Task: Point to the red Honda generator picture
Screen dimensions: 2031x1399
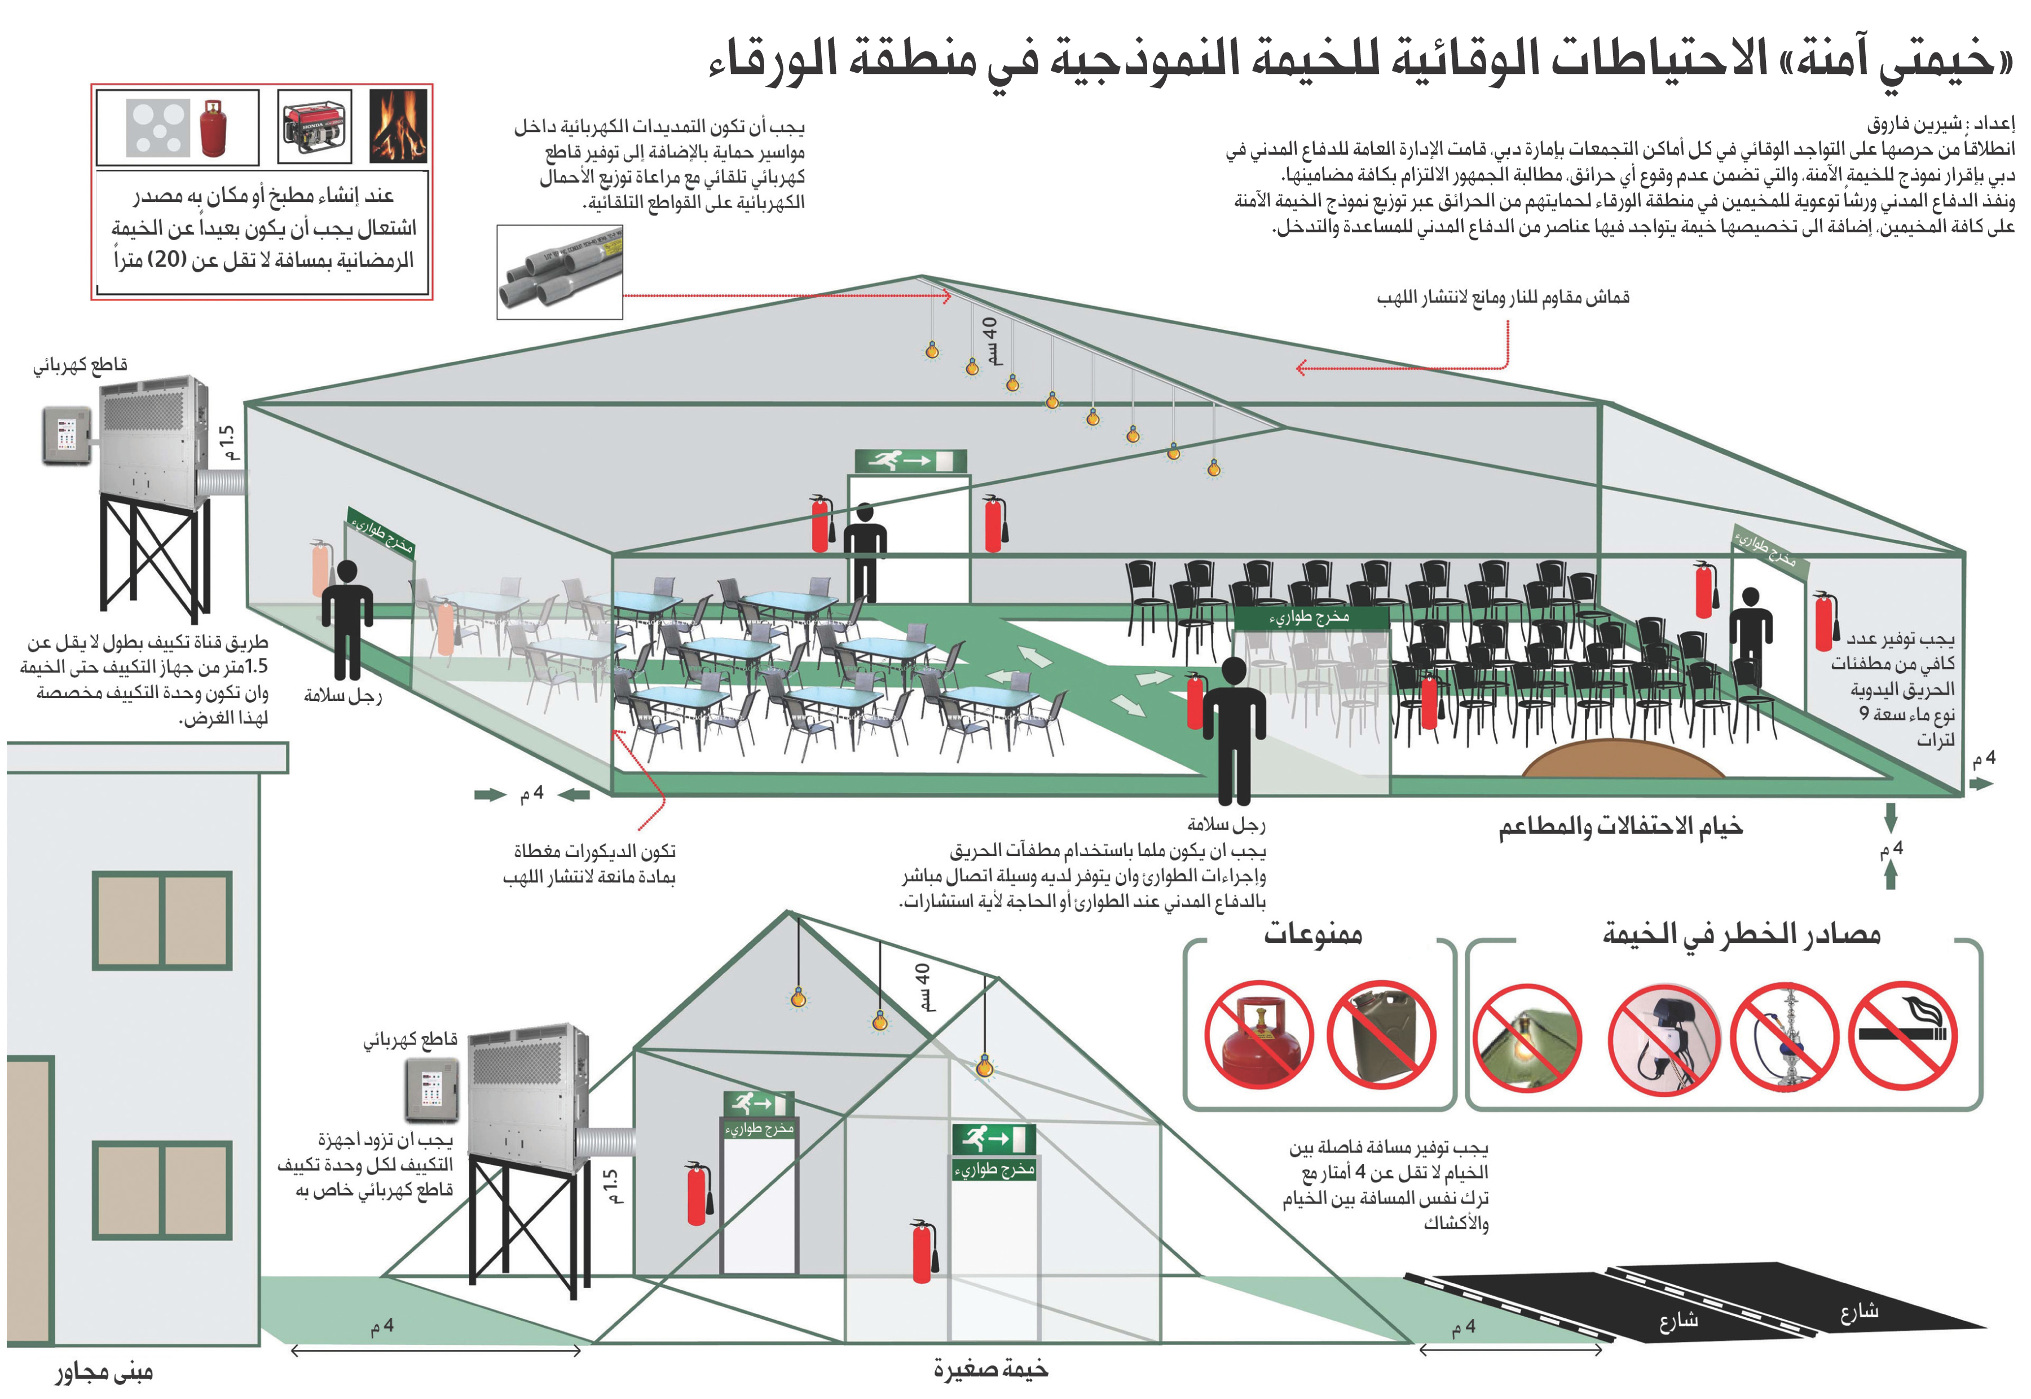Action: point(314,126)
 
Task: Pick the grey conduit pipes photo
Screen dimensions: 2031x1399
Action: point(559,272)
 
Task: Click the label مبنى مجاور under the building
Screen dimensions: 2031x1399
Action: point(104,1372)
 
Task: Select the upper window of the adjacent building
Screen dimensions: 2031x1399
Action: point(162,920)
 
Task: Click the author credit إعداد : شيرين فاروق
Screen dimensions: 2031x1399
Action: point(1940,123)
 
